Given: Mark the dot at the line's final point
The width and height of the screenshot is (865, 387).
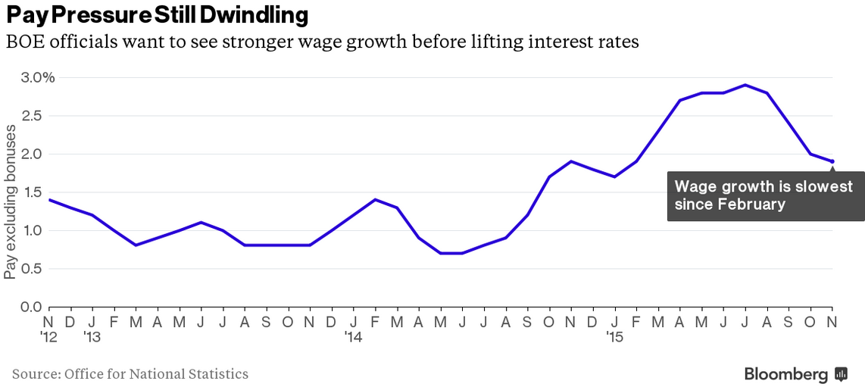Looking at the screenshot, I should click(832, 161).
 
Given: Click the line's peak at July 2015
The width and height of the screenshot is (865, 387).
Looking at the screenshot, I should click(746, 85).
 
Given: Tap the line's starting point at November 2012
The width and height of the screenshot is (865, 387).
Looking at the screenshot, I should click(50, 200).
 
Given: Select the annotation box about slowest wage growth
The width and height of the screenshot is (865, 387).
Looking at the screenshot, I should click(754, 195).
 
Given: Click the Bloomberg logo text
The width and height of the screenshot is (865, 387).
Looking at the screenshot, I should click(785, 373).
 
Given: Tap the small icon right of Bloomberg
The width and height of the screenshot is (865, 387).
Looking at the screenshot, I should click(841, 373).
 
